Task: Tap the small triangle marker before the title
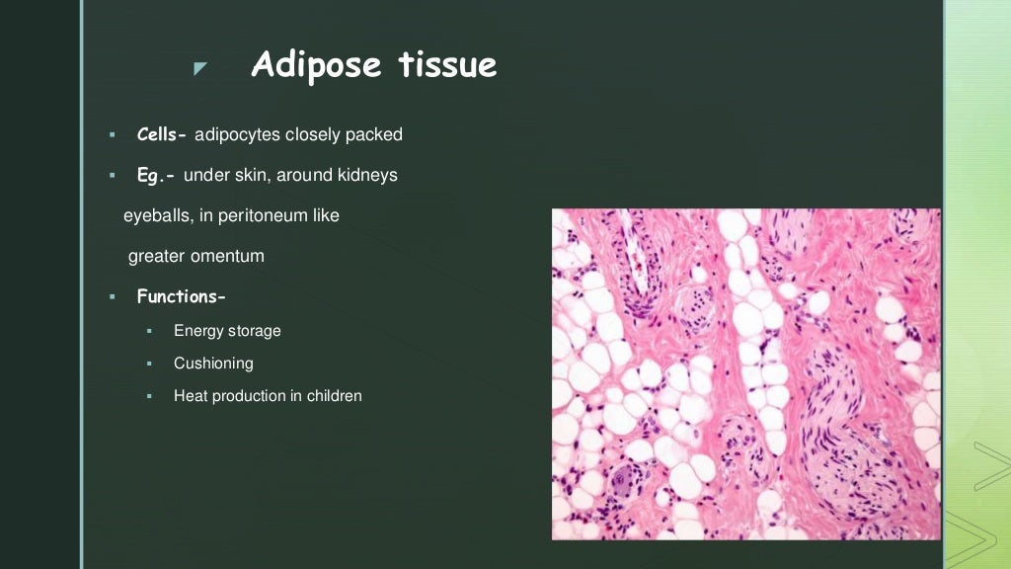coord(200,68)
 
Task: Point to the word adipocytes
coord(237,134)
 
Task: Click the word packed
coord(374,134)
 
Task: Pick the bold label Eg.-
coord(156,175)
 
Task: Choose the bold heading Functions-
coord(181,296)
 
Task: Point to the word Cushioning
coord(213,364)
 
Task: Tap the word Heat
coord(191,396)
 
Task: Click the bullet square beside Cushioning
coord(149,364)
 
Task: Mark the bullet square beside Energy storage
coord(149,331)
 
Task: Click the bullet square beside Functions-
coord(113,296)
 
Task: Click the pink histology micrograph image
coord(745,373)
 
